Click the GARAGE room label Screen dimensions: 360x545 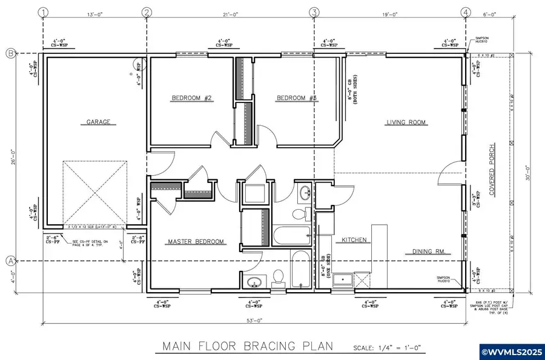[x=98, y=122]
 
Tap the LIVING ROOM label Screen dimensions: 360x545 [x=406, y=122]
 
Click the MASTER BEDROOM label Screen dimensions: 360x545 [x=195, y=242]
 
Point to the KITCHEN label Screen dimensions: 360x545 [x=354, y=240]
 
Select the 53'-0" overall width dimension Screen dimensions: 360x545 [x=255, y=319]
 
